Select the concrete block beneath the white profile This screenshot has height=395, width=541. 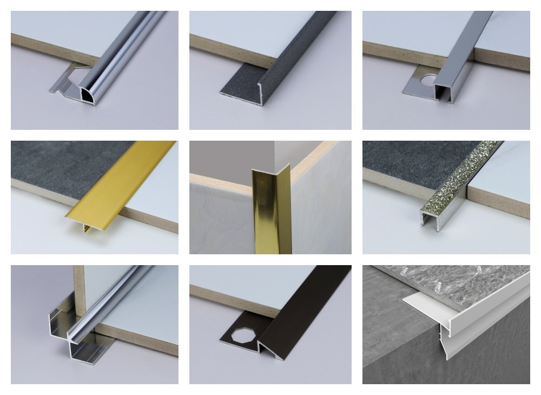click(411, 346)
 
